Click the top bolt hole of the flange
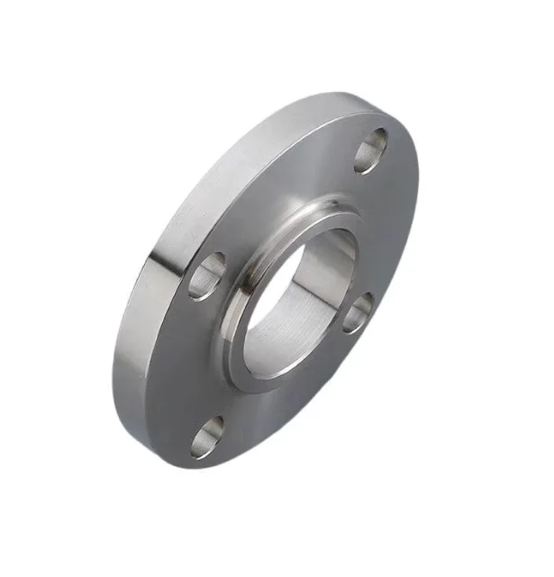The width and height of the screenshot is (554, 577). coord(370,149)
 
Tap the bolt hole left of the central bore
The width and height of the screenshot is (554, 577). coord(207,276)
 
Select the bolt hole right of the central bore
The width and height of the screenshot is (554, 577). coord(358,311)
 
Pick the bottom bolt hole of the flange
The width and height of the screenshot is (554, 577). coord(207,436)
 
